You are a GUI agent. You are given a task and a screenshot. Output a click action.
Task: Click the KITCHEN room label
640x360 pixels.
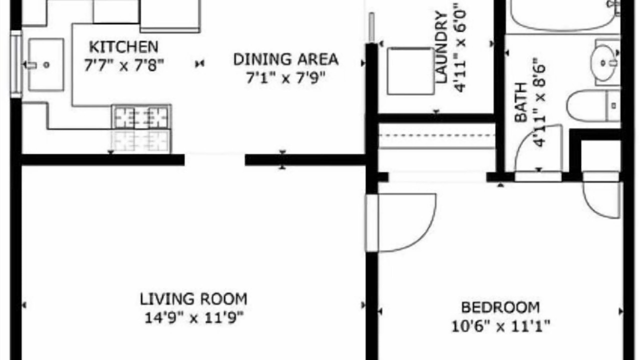click(123, 47)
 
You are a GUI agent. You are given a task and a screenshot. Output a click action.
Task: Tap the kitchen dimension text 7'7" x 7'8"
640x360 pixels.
click(123, 65)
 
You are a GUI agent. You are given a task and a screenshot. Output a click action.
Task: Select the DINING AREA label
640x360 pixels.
click(285, 59)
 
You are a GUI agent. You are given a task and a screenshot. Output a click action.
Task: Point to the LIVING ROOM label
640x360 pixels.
click(193, 299)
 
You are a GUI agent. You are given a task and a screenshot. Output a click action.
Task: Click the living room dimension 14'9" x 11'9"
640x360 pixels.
click(193, 317)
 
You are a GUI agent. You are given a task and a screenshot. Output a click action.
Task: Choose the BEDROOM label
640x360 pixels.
click(500, 307)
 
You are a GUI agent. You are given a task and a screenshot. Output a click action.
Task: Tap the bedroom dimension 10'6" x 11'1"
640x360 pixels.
click(500, 326)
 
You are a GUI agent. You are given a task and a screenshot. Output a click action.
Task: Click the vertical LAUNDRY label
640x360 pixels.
click(441, 47)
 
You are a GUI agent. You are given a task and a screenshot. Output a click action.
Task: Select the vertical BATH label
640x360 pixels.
click(520, 102)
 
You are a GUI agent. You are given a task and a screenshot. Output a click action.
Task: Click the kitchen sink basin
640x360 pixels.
click(45, 65)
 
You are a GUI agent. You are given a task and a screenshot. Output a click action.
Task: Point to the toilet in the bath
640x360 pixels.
click(593, 105)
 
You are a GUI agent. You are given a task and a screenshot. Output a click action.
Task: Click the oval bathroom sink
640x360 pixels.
click(603, 63)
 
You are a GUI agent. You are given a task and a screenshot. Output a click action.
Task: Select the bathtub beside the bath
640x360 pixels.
click(563, 15)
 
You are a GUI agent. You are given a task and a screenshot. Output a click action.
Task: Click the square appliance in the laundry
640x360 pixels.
click(410, 71)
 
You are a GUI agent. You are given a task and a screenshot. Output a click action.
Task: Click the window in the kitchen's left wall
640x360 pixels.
click(16, 64)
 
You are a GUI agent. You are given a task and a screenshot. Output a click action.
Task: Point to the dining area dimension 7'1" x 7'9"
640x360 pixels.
click(285, 78)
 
